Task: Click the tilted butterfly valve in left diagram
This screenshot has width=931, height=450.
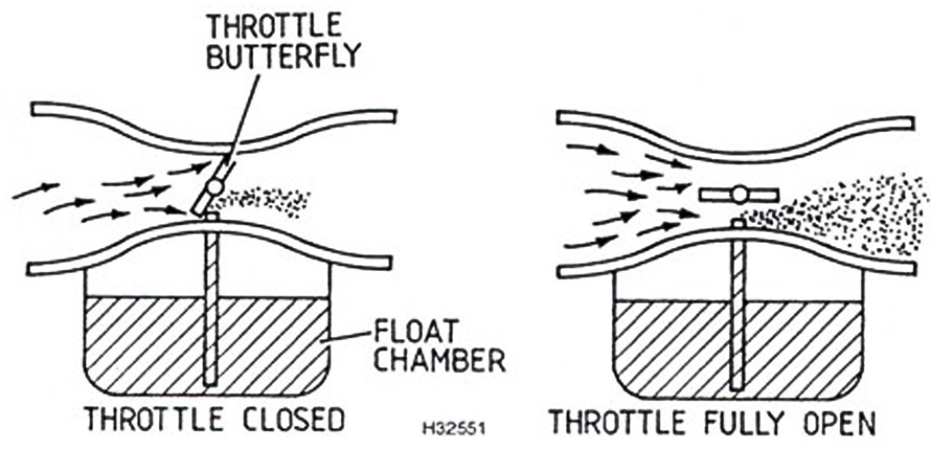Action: (212, 185)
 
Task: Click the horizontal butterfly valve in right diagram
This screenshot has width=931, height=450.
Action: (740, 194)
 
